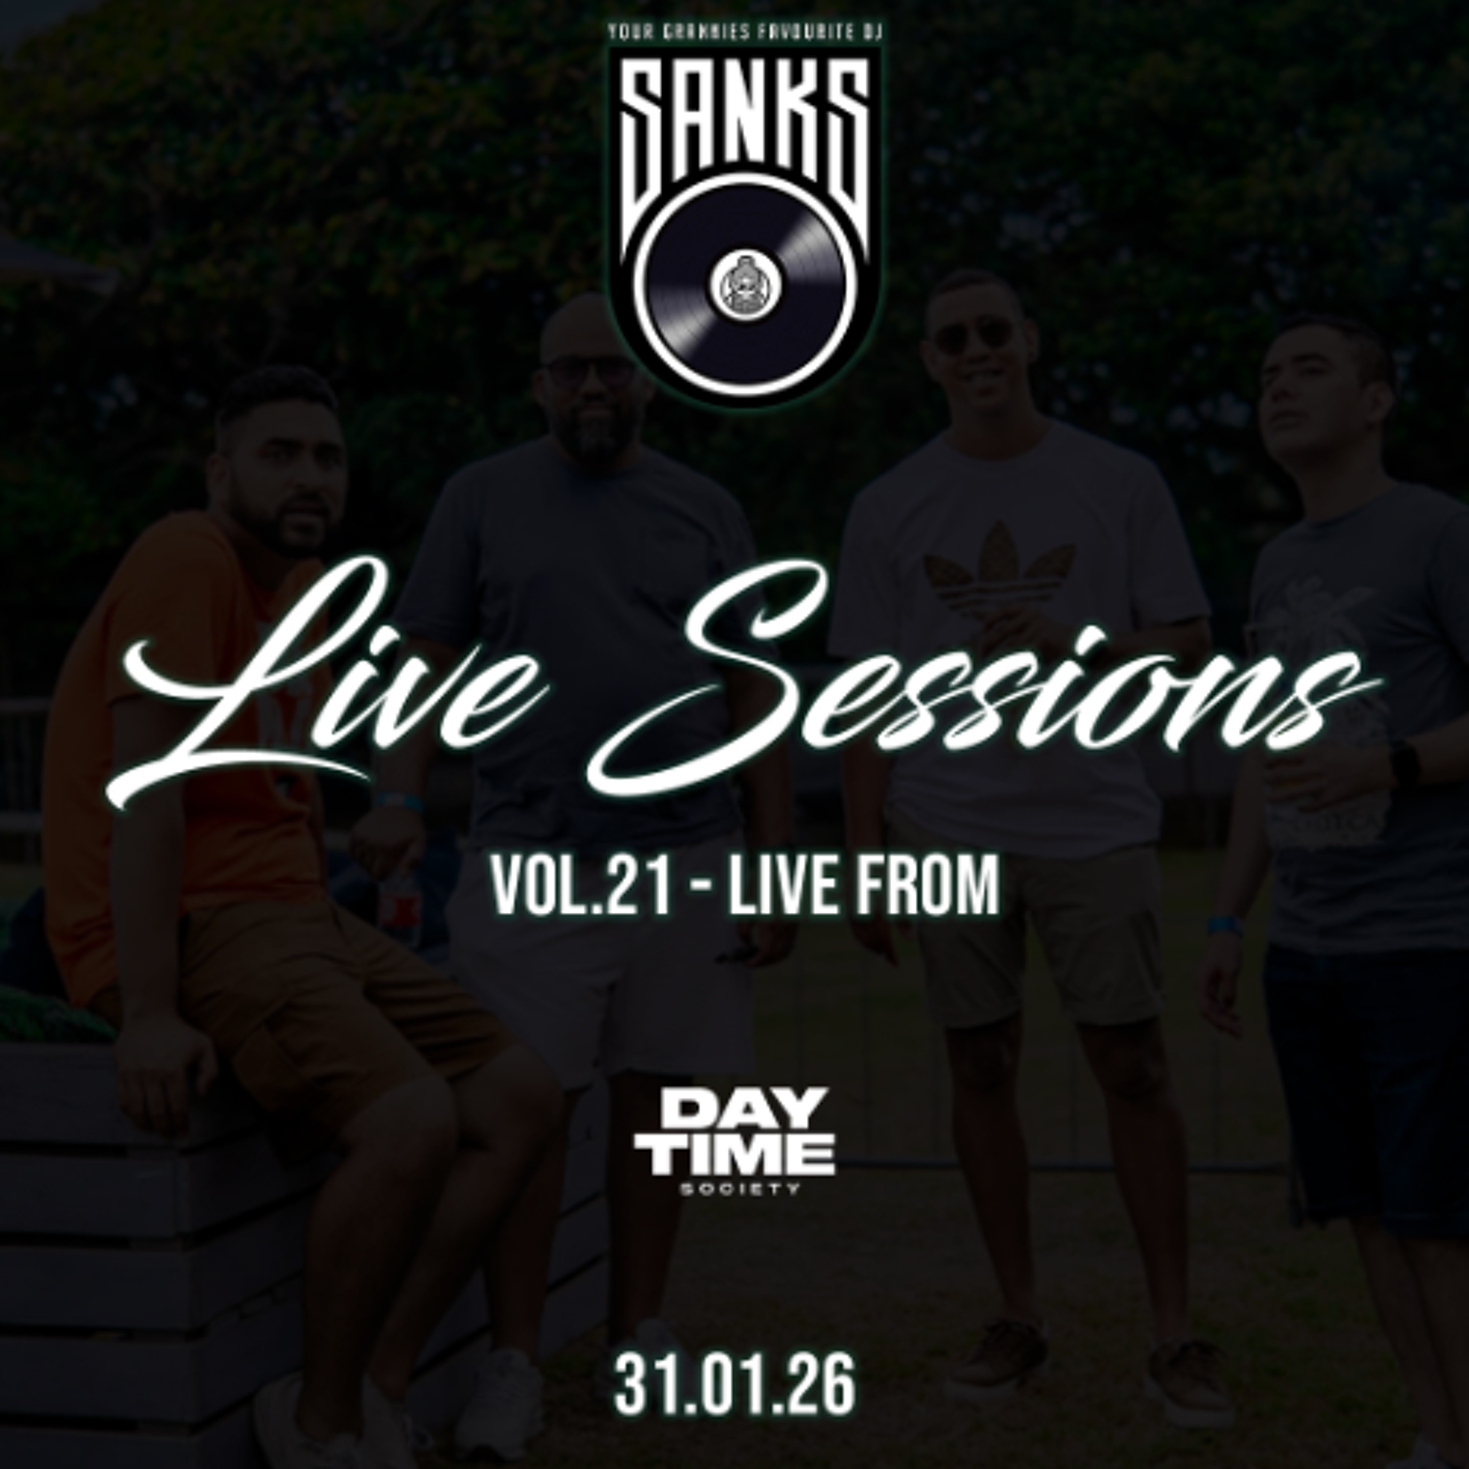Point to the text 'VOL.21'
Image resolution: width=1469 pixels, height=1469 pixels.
click(x=582, y=887)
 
